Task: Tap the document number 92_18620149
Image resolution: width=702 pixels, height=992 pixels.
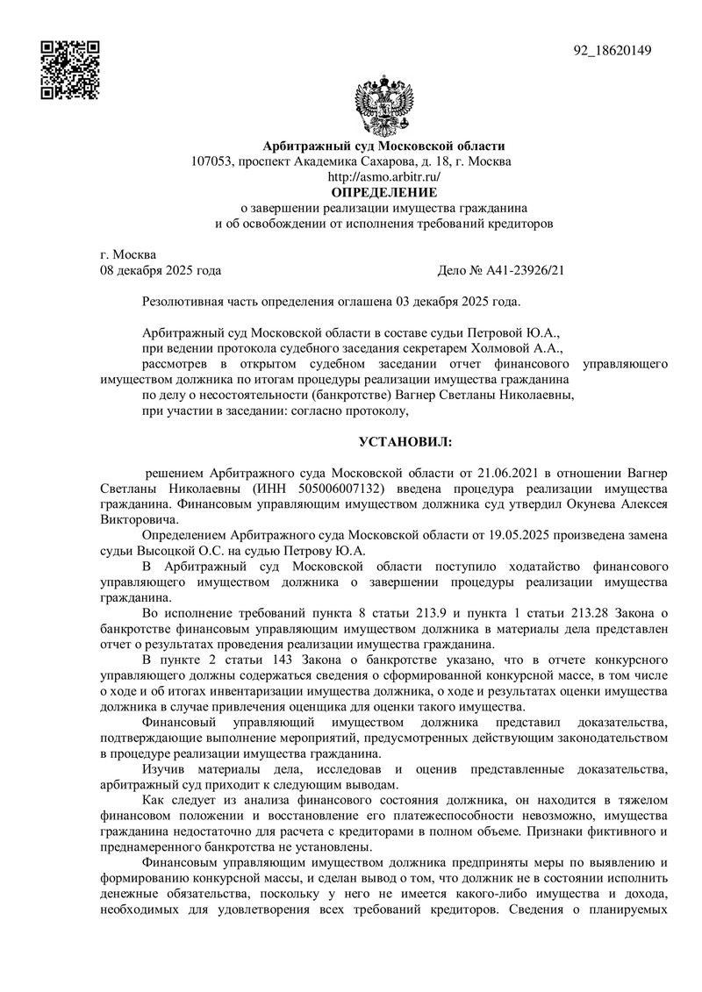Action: (x=612, y=50)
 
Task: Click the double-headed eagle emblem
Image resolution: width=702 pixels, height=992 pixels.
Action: (x=383, y=104)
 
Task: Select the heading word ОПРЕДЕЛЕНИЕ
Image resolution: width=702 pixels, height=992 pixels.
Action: (x=383, y=191)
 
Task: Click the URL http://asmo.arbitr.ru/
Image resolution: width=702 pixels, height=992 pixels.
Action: (x=383, y=176)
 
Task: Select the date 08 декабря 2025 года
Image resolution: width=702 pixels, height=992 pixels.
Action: (x=161, y=271)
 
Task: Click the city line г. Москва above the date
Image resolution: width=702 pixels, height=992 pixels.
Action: (x=129, y=255)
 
